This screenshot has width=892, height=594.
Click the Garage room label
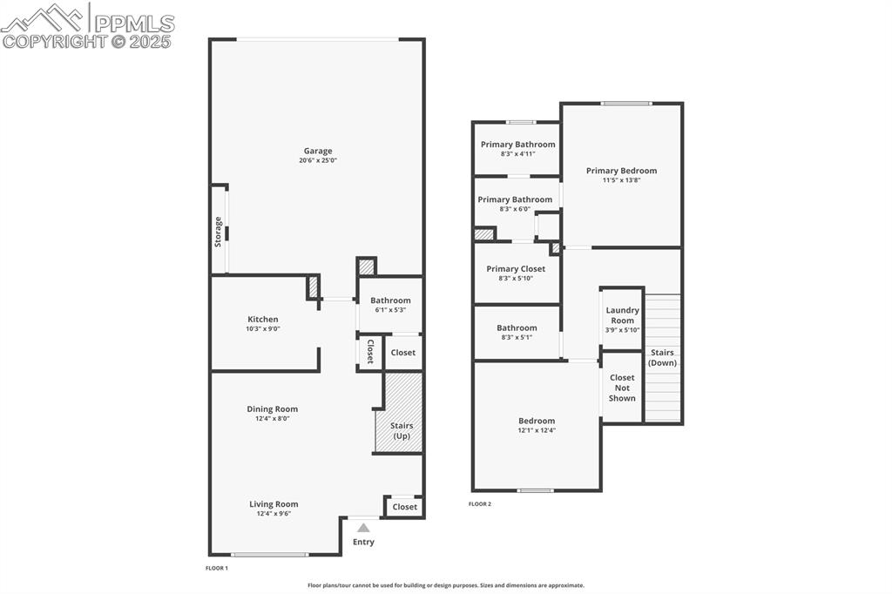(317, 151)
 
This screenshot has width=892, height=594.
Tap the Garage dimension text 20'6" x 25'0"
(317, 161)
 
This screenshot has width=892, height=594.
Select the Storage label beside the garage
(218, 232)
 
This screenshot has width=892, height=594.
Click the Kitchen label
(262, 319)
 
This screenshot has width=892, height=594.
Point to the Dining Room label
(272, 408)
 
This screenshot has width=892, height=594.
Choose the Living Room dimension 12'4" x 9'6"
(274, 514)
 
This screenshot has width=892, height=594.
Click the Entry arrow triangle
(363, 527)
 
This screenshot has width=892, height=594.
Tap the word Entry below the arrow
(363, 542)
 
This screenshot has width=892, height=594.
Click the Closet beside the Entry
(404, 507)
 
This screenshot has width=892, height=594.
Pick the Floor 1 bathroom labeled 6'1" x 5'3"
(390, 305)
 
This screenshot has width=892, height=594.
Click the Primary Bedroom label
(621, 171)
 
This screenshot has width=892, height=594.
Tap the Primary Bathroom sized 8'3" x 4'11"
(517, 148)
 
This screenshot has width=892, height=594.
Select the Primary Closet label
(516, 269)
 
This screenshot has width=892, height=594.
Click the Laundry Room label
(622, 315)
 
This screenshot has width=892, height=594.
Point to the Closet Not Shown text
(622, 388)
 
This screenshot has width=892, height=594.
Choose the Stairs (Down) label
(662, 357)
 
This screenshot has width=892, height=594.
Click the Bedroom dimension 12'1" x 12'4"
(536, 430)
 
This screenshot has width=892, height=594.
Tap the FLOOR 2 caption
(480, 504)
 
